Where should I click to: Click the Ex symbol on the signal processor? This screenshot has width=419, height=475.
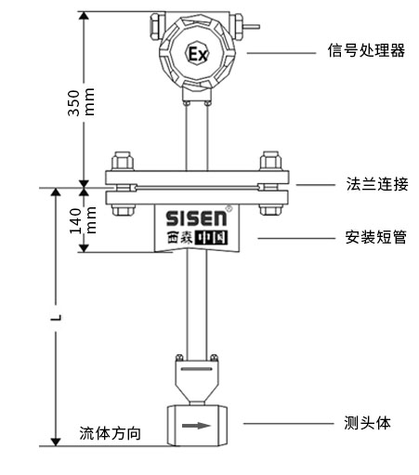pos(197,53)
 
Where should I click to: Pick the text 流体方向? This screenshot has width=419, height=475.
pos(111,433)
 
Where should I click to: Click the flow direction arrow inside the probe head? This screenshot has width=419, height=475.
pos(196,427)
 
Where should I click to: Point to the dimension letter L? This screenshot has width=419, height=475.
pos(57,317)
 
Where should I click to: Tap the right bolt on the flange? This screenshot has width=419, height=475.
pos(270,179)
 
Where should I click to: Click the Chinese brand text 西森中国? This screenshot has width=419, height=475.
pos(197,239)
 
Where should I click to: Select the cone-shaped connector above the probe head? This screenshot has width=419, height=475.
pos(196,376)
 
